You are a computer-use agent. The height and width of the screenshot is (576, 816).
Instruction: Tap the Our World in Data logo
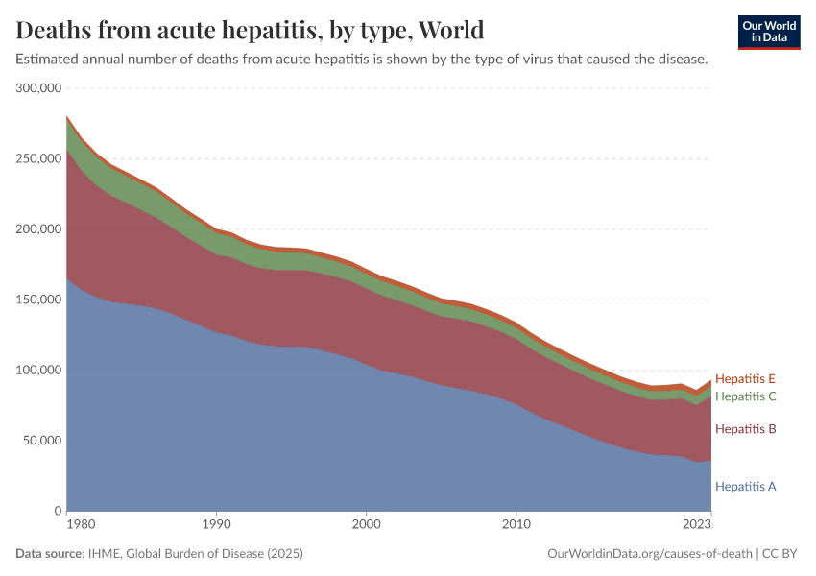coord(768,32)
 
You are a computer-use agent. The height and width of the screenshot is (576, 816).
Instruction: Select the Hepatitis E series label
coord(745,378)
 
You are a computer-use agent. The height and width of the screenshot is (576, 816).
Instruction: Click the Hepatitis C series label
coord(745,396)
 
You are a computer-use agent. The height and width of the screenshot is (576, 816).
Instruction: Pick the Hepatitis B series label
coord(745,428)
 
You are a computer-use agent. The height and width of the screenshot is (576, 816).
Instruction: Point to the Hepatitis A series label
coord(745,487)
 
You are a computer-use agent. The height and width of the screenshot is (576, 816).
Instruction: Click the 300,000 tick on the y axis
coord(39,88)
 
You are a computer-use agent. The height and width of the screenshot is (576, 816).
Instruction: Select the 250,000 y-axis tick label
coord(39,158)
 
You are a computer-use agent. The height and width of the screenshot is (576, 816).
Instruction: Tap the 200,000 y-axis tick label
coord(39,229)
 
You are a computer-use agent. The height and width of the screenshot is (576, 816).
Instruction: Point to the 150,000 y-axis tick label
coord(39,300)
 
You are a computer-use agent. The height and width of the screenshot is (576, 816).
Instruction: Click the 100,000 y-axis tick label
coord(39,371)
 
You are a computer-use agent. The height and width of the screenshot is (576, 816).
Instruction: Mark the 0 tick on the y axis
coord(58,511)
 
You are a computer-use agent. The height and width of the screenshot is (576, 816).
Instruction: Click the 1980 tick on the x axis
coord(80,525)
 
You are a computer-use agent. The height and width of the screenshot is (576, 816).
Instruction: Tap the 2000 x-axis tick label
coord(366,525)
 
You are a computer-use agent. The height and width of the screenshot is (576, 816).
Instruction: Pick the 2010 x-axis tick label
coord(516,525)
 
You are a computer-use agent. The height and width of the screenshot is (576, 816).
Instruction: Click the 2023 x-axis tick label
coord(697,525)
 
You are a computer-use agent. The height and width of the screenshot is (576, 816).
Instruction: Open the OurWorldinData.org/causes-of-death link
coord(649,554)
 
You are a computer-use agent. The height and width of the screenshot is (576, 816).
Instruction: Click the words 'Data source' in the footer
coord(48,554)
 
